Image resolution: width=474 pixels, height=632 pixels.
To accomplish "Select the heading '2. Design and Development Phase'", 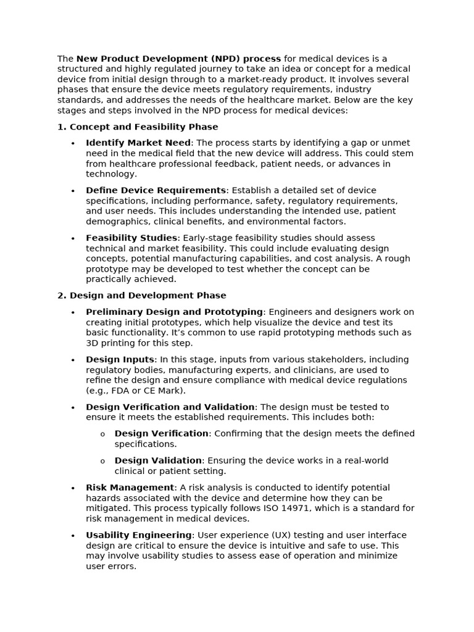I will (142, 296).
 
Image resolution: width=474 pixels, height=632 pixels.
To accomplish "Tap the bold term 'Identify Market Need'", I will (138, 143).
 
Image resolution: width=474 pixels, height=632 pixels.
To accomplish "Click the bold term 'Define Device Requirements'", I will (156, 191).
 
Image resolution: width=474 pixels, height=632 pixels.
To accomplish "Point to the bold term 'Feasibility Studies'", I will (131, 238).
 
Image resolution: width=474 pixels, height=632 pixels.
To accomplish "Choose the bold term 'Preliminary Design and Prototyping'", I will (174, 312).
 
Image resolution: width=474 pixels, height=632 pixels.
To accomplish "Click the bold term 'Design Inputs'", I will (120, 360).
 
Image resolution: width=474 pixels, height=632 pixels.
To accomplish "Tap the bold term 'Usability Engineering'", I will (139, 536).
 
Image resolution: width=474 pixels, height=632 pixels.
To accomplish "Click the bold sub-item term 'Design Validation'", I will (158, 461).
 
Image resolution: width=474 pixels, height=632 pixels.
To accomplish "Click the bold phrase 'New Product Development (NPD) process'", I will (178, 59).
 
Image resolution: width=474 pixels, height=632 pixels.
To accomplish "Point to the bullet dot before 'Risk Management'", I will (73, 489).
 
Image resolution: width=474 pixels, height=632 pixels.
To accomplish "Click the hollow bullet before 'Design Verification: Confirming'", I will (102, 434).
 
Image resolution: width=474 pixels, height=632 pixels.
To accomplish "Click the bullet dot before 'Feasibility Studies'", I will (73, 239).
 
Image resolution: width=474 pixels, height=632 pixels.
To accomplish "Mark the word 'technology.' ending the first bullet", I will (111, 175).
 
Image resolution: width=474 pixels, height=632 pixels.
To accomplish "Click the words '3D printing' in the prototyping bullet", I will (110, 343).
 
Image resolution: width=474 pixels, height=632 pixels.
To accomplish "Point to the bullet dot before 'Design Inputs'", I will (73, 360).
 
